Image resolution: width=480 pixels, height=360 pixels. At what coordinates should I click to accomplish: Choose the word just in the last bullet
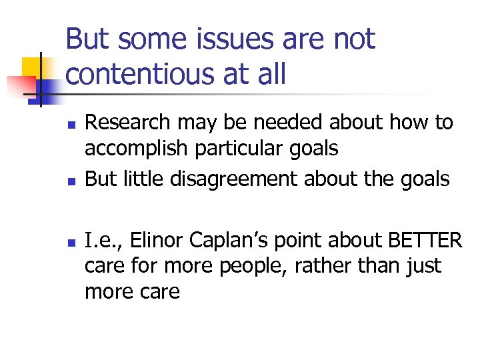click(x=423, y=267)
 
